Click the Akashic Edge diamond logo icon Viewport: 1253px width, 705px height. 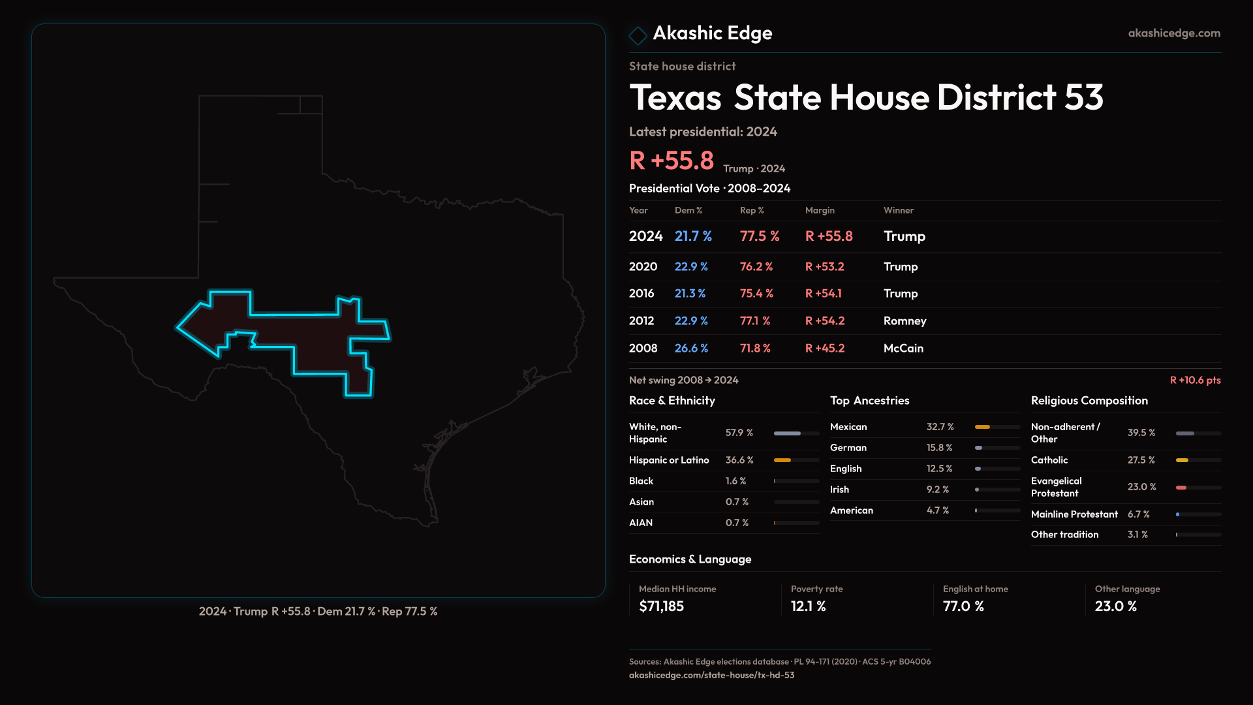pos(638,35)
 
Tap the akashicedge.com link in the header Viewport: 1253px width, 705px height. pos(1173,33)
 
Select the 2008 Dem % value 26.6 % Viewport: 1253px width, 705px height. pos(691,349)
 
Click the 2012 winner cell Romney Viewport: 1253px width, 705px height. pos(905,321)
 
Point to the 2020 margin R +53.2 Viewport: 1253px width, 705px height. pos(824,267)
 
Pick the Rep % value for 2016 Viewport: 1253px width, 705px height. pos(756,294)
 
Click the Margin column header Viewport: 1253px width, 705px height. pos(820,210)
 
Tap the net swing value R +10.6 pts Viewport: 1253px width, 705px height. pos(1195,381)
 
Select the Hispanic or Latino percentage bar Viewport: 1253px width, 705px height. pos(782,460)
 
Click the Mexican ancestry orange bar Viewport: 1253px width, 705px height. pos(982,427)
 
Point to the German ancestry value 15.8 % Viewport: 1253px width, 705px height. pos(939,448)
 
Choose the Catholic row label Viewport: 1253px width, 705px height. pos(1049,460)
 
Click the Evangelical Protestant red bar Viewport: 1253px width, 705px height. pos(1181,488)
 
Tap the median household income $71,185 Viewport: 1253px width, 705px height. pos(661,606)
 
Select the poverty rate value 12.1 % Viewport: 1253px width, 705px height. pos(808,606)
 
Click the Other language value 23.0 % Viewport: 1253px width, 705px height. pos(1115,606)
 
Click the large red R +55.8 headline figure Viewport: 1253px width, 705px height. pos(672,161)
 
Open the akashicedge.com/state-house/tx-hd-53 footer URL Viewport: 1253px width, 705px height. pos(711,676)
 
